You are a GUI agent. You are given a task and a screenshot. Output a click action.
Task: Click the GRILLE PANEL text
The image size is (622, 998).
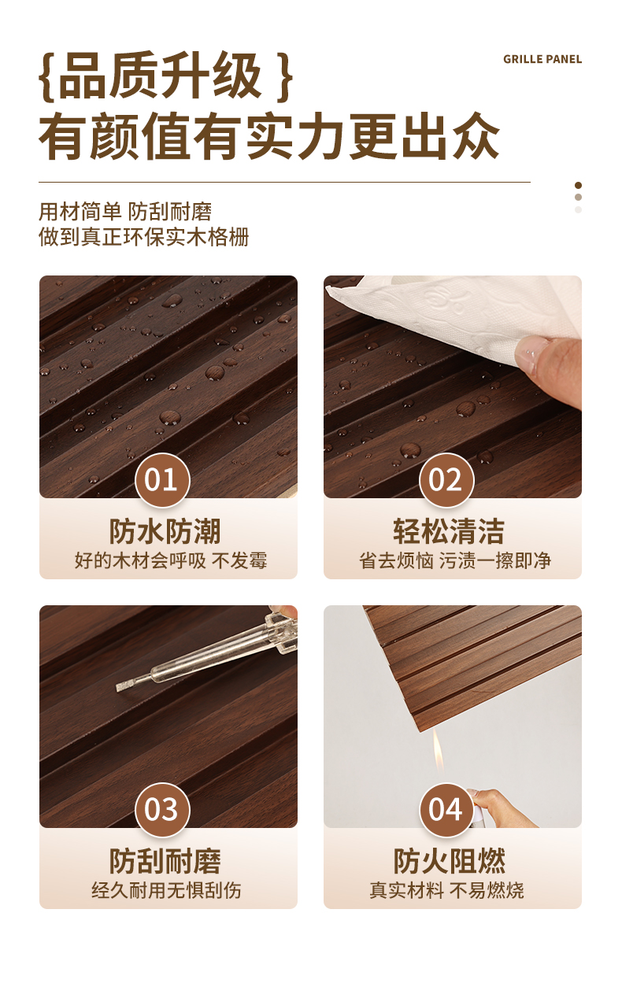542,59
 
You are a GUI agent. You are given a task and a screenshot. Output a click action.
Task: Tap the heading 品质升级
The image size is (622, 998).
160,76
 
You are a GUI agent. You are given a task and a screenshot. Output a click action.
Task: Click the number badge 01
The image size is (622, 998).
162,480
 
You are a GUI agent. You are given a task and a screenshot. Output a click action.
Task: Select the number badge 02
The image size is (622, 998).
446,480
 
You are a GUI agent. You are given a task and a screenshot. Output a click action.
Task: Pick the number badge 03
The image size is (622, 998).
162,810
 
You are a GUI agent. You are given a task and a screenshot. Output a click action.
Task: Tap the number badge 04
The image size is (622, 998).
446,810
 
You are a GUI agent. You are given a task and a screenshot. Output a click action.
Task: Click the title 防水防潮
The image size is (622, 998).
165,531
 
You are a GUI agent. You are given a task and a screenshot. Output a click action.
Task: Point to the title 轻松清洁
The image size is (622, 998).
449,531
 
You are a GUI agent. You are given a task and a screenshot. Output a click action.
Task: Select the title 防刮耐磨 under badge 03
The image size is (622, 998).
165,861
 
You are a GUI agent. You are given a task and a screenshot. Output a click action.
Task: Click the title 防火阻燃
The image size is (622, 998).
449,861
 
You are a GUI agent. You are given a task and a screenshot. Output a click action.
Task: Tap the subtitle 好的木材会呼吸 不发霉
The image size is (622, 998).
171,560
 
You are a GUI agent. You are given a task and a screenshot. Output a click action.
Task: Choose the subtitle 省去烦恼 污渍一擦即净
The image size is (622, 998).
455,560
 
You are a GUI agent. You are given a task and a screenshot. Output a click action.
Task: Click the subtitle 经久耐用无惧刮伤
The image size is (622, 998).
167,890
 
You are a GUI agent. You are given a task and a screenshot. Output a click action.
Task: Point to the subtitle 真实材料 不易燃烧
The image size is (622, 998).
447,890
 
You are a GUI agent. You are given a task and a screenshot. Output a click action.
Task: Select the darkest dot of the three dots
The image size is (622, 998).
579,185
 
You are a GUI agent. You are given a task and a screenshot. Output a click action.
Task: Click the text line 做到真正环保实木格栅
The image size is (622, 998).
144,237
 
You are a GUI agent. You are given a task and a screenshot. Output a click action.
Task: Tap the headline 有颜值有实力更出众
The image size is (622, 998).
269,136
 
